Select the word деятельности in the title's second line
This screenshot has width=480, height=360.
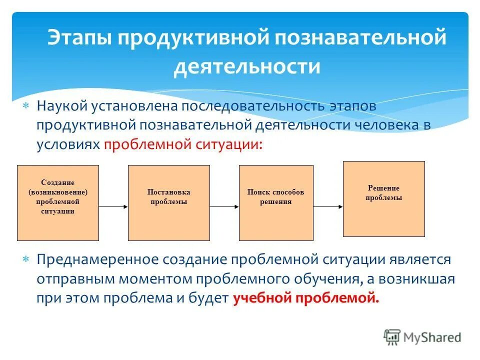point(246,66)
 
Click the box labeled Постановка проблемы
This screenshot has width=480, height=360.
point(169,202)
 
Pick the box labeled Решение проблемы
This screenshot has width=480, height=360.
point(383,198)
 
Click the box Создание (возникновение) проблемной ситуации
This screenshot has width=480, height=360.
point(58,202)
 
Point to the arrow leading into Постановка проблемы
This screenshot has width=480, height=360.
point(113,206)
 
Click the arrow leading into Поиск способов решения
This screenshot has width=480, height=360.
point(224,206)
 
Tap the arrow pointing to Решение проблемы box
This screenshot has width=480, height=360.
point(328,206)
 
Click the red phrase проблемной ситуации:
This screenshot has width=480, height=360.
point(182,144)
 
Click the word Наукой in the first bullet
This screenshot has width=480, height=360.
point(62,106)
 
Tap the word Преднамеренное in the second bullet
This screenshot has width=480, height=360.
point(97,259)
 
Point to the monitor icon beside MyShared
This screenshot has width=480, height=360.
point(392,337)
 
